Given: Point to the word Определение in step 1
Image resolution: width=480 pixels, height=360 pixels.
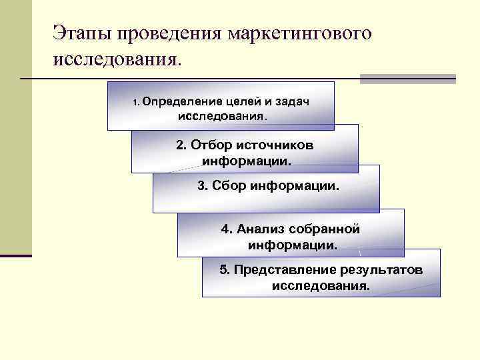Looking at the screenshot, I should (176, 101).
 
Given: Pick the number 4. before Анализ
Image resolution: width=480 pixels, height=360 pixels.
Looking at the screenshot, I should (227, 229).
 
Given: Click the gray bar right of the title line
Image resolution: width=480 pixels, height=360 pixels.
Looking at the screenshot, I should (407, 79).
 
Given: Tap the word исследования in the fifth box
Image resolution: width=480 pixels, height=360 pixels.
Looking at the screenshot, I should (321, 286).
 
